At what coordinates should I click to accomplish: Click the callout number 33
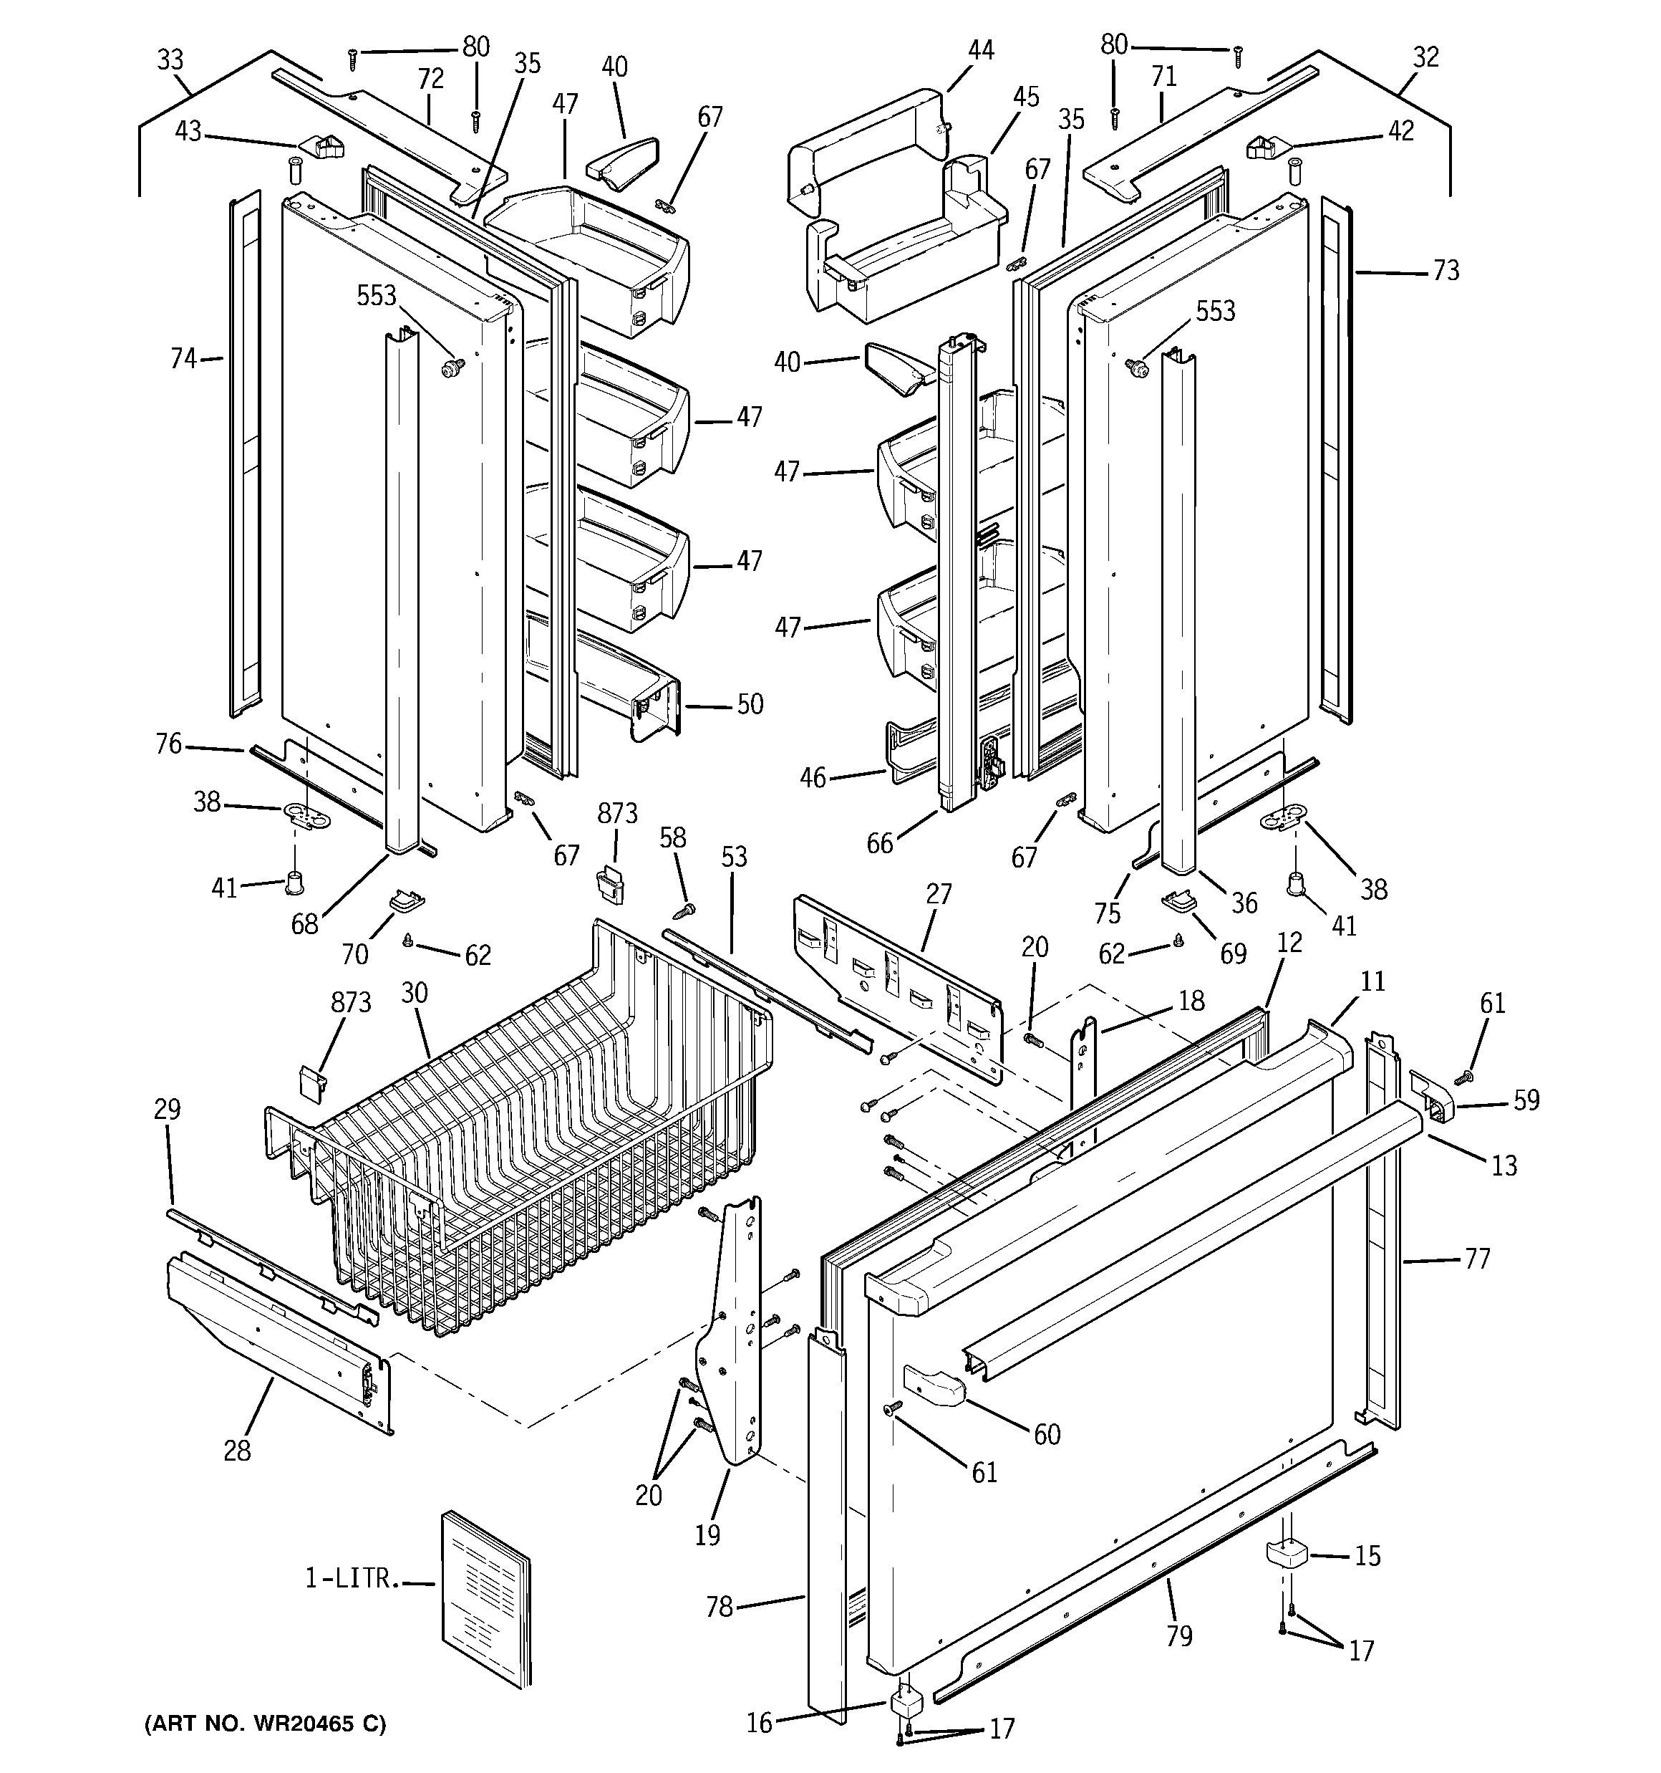coord(170,59)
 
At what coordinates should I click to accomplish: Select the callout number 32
coord(1425,57)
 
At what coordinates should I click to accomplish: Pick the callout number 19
coord(707,1535)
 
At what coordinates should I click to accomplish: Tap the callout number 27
coord(939,893)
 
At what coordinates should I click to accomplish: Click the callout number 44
coord(981,50)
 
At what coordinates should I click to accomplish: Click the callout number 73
coord(1446,270)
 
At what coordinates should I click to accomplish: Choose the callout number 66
coord(880,842)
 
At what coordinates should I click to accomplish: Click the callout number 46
coord(812,778)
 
